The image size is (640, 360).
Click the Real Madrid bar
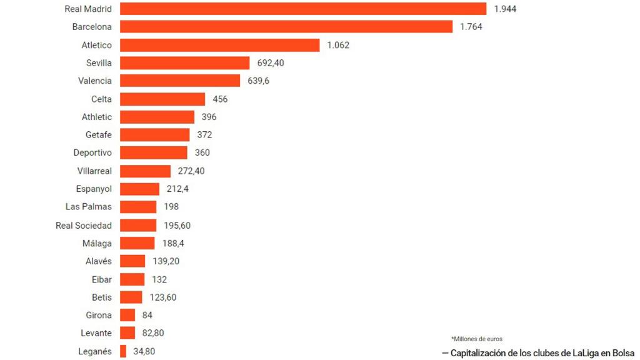(x=303, y=9)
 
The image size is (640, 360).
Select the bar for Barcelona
(x=286, y=27)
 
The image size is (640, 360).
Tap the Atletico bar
(x=219, y=45)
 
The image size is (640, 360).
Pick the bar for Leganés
(x=123, y=351)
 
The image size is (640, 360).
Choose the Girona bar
(x=127, y=315)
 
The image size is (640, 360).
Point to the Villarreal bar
(x=145, y=171)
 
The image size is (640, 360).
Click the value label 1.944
(x=505, y=9)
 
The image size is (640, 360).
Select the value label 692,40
(x=271, y=63)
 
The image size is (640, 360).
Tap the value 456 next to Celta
(x=220, y=99)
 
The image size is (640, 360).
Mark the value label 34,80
(x=142, y=351)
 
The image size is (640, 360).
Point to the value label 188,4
(x=172, y=243)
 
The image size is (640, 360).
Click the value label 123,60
(x=163, y=297)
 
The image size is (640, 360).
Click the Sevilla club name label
(x=99, y=63)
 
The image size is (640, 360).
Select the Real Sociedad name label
(x=84, y=226)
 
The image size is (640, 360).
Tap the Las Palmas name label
(x=89, y=207)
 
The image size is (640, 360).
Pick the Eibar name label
(x=102, y=279)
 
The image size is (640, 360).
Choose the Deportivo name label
(x=92, y=153)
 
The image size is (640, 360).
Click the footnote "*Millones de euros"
(x=477, y=339)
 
